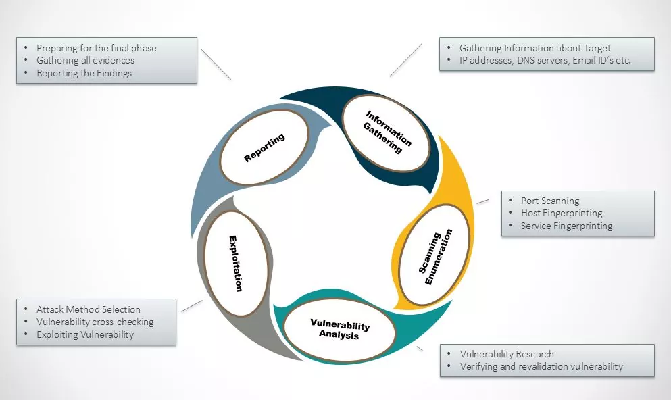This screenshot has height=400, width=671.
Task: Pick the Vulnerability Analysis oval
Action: tap(339, 329)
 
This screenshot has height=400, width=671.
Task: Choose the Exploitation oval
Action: tap(235, 263)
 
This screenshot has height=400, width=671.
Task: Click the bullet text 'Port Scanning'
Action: tap(550, 201)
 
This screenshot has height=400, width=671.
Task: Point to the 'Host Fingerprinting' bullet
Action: tap(562, 213)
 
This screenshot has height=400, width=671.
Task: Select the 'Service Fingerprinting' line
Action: tap(566, 226)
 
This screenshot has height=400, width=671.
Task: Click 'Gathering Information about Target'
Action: tap(535, 48)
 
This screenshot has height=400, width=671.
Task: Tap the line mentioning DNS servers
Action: tap(545, 60)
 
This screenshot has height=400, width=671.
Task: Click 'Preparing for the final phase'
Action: tap(96, 48)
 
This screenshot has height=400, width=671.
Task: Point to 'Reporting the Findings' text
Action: tap(84, 73)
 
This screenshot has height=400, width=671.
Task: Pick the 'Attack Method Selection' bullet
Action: tap(88, 309)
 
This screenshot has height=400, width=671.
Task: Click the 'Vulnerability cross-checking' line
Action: tap(95, 322)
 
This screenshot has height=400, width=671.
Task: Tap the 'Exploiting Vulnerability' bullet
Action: tap(85, 334)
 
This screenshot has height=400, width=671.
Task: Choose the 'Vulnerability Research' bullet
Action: tap(507, 354)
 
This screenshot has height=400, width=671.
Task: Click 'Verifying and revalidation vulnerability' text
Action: tap(541, 366)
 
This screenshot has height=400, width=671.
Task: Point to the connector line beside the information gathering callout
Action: tap(405, 60)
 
